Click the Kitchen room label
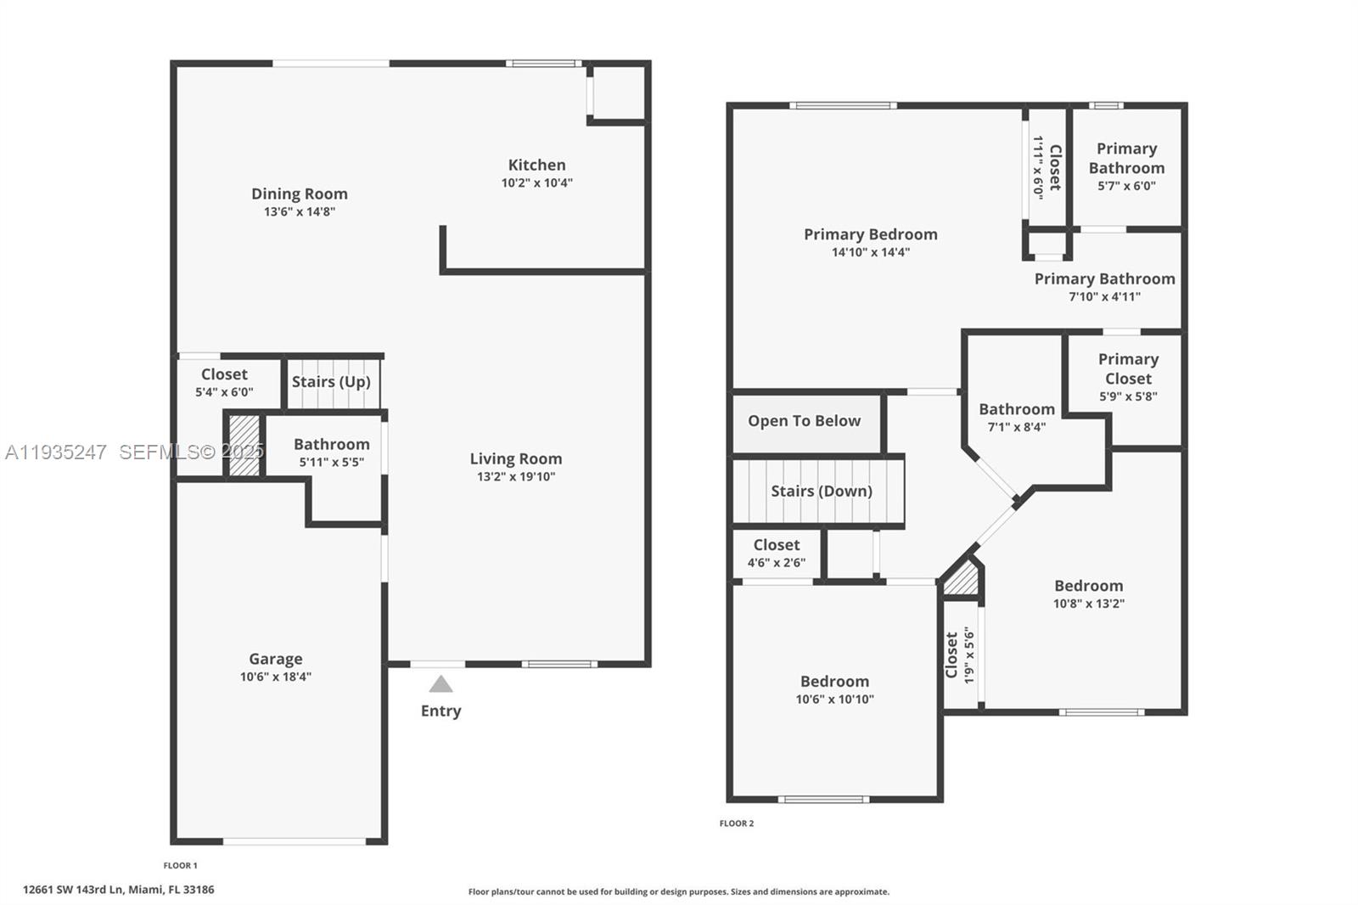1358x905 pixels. [536, 166]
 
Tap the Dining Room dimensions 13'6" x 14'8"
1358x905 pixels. [299, 211]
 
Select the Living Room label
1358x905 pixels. [516, 459]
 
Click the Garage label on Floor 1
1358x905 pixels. [275, 660]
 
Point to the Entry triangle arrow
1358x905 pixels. [441, 684]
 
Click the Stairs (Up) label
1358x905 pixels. [331, 382]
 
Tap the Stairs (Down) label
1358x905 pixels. [821, 492]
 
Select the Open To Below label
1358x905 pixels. [804, 421]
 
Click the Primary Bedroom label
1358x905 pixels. [871, 235]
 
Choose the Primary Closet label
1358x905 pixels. [1127, 369]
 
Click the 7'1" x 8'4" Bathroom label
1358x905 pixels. [1016, 410]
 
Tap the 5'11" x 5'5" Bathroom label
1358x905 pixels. [331, 445]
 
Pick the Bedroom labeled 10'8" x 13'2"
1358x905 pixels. [1088, 587]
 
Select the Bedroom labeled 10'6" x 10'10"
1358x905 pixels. [834, 682]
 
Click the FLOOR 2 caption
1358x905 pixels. [736, 823]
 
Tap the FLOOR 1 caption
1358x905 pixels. [180, 866]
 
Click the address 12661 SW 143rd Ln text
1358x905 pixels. [118, 890]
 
